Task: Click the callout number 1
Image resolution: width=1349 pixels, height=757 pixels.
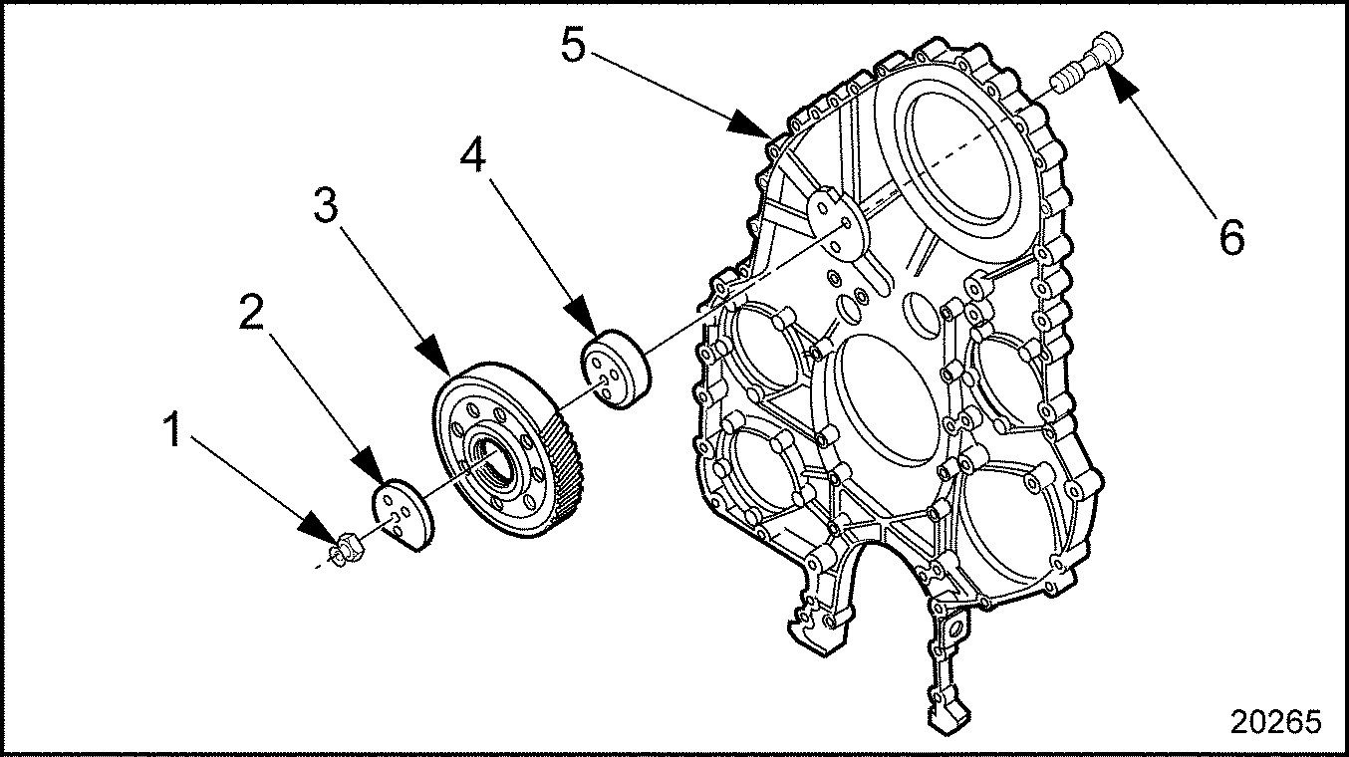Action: click(173, 429)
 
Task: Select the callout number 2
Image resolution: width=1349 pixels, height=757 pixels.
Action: click(251, 312)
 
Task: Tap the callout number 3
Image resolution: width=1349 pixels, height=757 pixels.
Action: click(327, 205)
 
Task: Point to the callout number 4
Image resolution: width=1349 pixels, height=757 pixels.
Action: click(473, 154)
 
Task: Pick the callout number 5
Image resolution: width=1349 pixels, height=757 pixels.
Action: click(573, 45)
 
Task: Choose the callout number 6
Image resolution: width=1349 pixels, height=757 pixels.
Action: click(1231, 237)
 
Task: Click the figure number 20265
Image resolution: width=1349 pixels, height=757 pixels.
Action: click(1276, 721)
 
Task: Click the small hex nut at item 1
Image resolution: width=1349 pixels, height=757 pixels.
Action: click(347, 548)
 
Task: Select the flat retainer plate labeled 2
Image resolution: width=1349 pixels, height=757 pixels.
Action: click(402, 515)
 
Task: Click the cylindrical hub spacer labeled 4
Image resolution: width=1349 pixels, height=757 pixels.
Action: click(616, 370)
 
